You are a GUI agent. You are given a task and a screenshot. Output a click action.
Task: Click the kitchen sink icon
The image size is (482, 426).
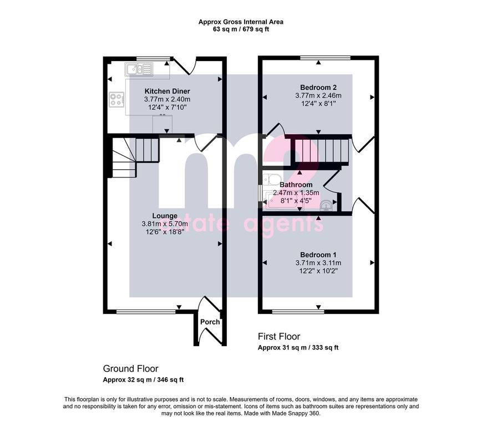coord(139,69)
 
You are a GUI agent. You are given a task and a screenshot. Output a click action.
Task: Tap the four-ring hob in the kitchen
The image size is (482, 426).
coord(116,99)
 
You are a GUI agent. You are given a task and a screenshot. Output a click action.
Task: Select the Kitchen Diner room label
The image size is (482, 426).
coord(167,92)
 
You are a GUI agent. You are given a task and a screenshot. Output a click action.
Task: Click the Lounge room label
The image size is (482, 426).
coord(165,216)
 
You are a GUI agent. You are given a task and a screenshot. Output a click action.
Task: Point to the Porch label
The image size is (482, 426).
coord(210,322)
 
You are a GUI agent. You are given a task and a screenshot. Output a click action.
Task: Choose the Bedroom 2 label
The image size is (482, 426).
coord(318,87)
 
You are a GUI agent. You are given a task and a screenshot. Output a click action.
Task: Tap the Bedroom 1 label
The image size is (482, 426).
coord(318,255)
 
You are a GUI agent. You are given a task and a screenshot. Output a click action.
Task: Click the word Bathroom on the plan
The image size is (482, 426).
coord(296,185)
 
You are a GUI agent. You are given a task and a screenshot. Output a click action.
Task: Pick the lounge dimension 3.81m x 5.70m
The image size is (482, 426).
coord(165,224)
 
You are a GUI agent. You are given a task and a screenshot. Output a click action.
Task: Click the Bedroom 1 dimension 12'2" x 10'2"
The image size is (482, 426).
coord(318,271)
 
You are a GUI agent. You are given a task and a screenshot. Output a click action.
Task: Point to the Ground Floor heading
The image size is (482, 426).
coord(131,368)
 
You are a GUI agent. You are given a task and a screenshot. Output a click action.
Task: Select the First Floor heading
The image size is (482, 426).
coord(279,336)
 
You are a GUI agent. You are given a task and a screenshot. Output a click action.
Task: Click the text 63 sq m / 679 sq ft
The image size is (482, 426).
coord(241,29)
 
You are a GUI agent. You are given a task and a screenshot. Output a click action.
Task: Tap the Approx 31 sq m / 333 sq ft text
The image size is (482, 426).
coord(298,348)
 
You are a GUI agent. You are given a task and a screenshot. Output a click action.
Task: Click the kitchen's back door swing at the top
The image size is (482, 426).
coord(185,65)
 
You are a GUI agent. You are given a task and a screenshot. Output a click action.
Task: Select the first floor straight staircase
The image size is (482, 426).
coord(321,151)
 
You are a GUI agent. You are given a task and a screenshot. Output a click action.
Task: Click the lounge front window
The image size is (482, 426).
coord(146,312)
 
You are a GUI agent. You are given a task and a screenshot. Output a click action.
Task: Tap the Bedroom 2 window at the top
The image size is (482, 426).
coord(325,58)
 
